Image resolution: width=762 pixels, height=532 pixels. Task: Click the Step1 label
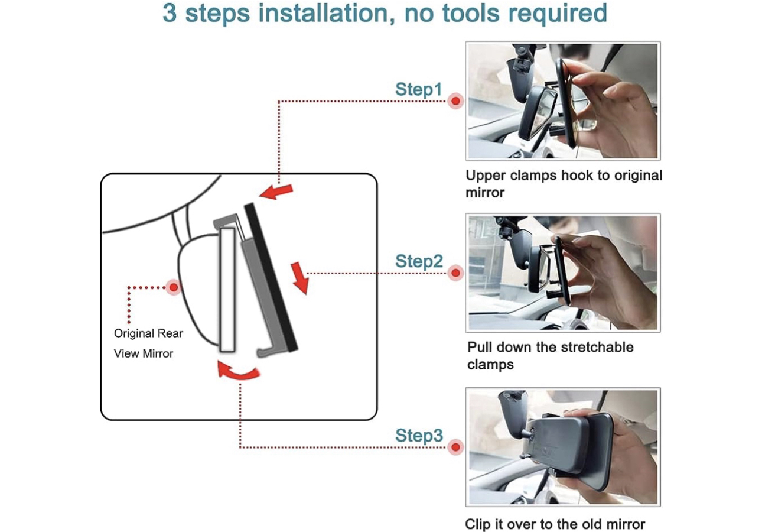click(x=418, y=90)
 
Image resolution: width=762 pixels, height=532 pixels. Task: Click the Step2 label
click(x=418, y=261)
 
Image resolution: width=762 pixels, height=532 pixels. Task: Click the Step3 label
click(x=418, y=436)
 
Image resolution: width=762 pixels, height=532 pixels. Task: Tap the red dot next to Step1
click(x=455, y=101)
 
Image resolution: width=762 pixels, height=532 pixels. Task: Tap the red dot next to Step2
click(x=455, y=273)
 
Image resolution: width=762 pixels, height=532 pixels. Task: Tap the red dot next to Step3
click(x=455, y=447)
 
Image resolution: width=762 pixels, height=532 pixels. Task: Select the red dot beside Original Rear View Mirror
click(x=173, y=287)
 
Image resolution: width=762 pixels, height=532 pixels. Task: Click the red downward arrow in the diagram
click(x=301, y=279)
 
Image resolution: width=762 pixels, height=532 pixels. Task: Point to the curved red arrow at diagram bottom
click(x=238, y=371)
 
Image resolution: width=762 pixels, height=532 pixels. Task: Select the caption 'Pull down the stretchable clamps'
click(x=549, y=355)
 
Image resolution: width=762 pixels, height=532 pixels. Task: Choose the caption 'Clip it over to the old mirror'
click(x=555, y=524)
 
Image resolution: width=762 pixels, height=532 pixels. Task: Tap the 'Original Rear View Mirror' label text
click(x=148, y=343)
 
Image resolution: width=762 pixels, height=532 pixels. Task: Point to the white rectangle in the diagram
click(x=227, y=290)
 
